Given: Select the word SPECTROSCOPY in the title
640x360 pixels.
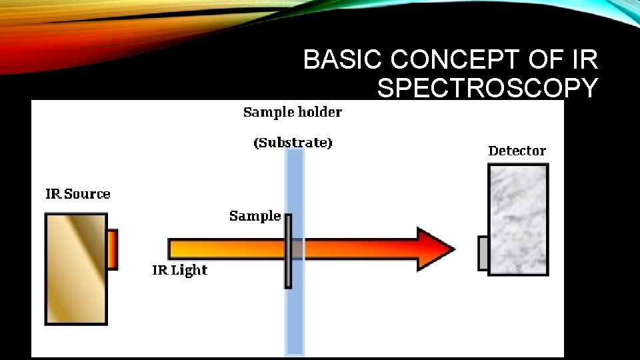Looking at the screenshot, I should (487, 88).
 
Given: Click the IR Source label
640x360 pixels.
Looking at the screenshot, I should (78, 194).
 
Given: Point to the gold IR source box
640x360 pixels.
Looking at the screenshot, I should (75, 269).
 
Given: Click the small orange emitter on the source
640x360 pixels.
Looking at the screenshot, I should (112, 249).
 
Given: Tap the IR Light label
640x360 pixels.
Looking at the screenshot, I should (180, 270).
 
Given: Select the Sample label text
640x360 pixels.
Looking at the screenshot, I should (255, 216).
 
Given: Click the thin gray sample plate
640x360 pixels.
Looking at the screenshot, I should (288, 251).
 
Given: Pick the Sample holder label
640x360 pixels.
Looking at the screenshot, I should (292, 112).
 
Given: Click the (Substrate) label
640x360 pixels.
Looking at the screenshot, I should (293, 143).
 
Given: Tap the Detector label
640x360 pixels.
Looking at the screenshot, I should (517, 151).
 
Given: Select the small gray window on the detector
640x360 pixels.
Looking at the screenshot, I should (483, 253).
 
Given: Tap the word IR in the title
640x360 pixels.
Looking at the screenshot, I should (585, 61).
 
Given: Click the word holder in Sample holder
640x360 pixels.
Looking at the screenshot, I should (320, 112).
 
